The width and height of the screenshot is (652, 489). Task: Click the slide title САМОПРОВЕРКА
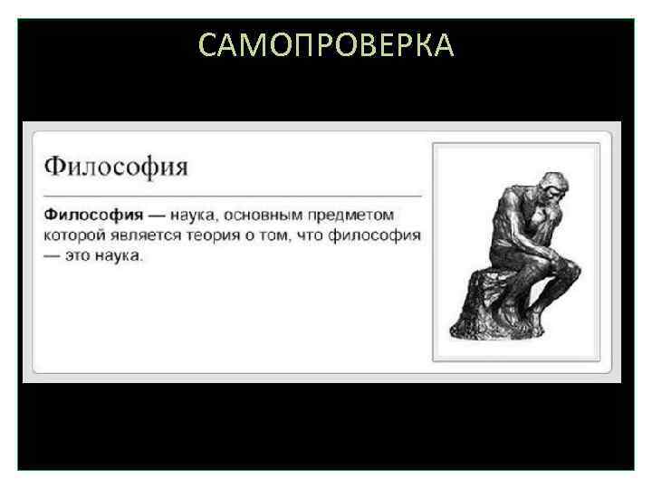[326, 44]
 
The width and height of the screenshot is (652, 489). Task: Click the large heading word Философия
[116, 167]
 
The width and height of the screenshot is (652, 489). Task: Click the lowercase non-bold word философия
[374, 235]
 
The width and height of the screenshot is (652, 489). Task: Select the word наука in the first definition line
[197, 216]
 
